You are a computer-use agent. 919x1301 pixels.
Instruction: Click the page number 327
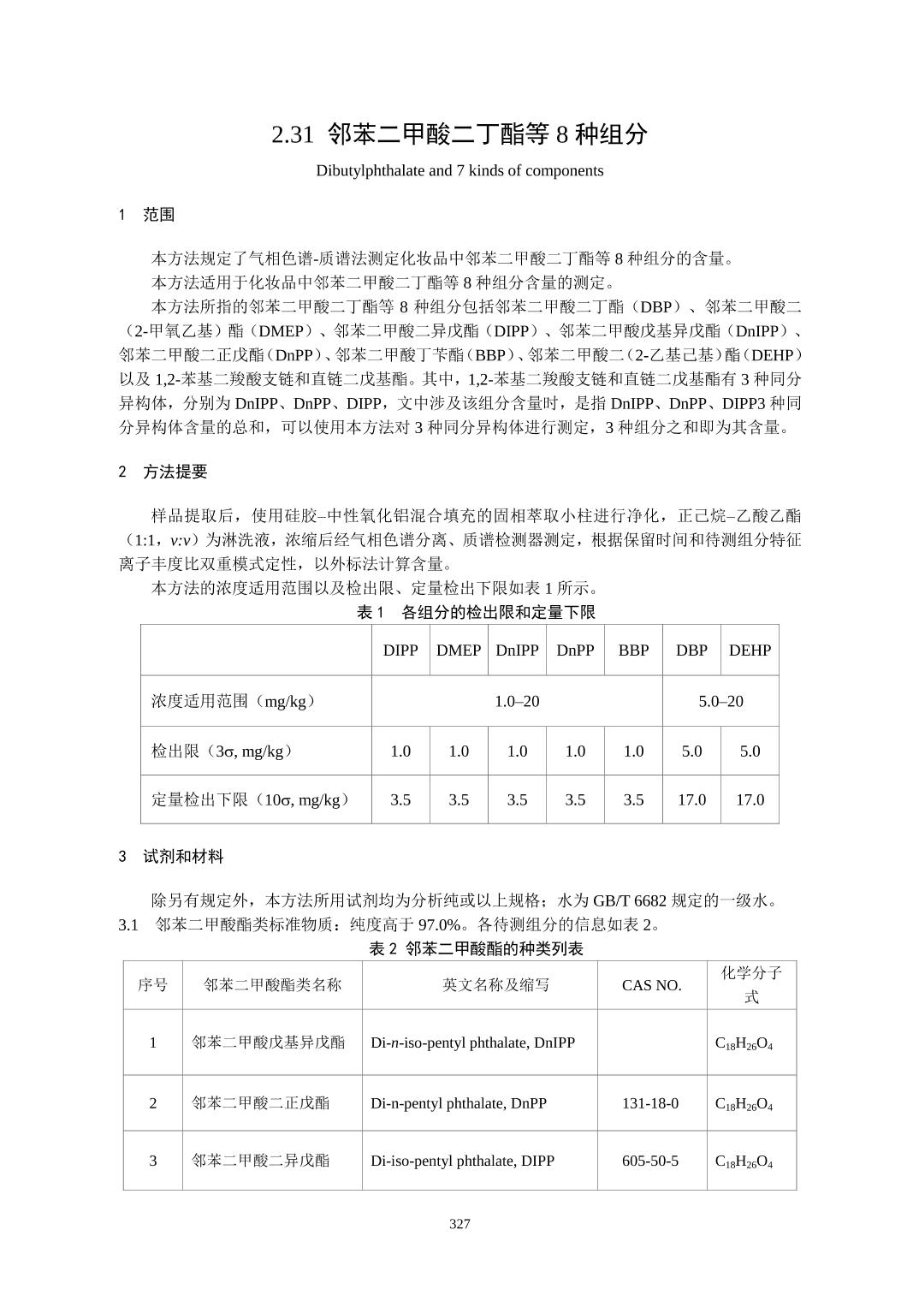[x=459, y=1224]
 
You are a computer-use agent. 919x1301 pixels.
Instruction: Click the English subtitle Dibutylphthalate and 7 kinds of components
[x=459, y=170]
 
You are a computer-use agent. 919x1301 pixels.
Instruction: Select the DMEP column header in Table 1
[x=459, y=650]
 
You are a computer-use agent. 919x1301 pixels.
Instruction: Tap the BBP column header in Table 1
[x=633, y=650]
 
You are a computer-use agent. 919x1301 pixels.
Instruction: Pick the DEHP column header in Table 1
[x=750, y=650]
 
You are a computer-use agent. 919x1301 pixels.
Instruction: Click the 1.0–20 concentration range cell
[x=517, y=701]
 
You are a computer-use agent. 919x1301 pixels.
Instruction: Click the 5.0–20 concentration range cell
[x=720, y=701]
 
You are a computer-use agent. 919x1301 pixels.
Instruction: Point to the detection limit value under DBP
[x=691, y=751]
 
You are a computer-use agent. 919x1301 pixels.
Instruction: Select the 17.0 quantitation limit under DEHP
[x=750, y=799]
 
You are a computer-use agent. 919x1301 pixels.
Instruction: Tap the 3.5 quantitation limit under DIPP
[x=400, y=799]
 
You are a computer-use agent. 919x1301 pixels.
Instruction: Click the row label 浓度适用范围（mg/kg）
[x=234, y=701]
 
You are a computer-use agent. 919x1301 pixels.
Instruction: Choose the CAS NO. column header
[x=652, y=985]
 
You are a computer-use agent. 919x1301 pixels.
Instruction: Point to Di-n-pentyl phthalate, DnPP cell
[x=459, y=1103]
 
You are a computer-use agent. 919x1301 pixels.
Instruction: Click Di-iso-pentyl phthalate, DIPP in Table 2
[x=462, y=1161]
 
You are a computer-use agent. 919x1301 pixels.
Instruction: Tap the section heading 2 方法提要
[x=163, y=472]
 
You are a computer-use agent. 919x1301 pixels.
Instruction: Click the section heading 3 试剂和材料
[x=171, y=856]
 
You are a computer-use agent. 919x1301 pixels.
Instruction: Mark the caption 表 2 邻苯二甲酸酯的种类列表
[x=476, y=948]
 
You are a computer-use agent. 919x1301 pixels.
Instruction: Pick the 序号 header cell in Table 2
[x=153, y=985]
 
